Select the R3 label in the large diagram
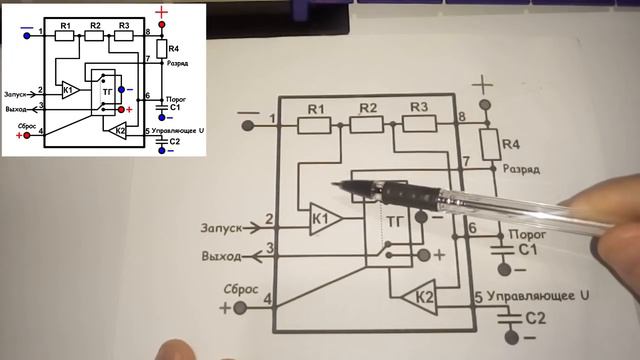pos(418,107)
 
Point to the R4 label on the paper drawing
pos(511,145)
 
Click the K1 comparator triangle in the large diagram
pos(322,219)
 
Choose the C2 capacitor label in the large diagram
pos(537,318)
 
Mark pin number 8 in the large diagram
pos(461,118)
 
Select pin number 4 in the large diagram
pos(267,299)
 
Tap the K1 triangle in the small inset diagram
pos(68,89)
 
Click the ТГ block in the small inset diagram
pos(108,92)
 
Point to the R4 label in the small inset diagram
pos(174,48)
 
